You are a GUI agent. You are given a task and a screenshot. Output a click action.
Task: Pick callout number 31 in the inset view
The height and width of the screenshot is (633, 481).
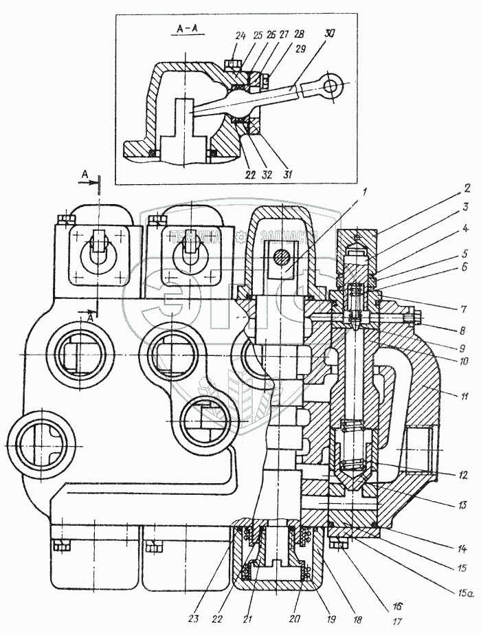[286, 175]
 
